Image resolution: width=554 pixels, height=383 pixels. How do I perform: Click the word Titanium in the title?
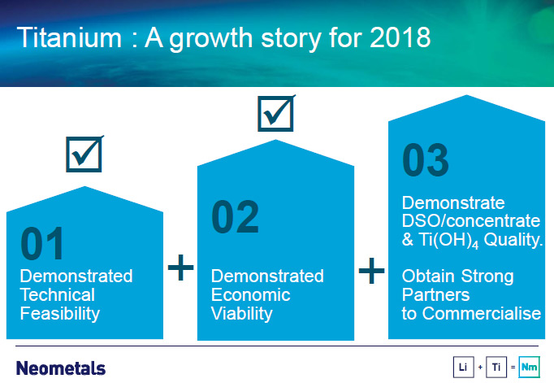(69, 37)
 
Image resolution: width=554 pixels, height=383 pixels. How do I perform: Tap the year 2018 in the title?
(400, 37)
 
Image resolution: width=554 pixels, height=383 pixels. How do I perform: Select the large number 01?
(42, 244)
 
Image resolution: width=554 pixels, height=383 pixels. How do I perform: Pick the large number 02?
(235, 216)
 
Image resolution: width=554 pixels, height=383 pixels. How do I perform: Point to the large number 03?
(426, 159)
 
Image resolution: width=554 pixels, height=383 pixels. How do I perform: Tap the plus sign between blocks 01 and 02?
(180, 267)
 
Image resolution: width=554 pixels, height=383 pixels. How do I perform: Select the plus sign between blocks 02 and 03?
(371, 271)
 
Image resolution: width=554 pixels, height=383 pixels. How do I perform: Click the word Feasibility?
(60, 313)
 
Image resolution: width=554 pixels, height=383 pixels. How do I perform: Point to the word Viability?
(242, 313)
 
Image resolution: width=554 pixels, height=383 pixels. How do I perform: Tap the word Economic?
(250, 294)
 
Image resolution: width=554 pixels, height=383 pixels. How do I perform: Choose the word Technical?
(57, 294)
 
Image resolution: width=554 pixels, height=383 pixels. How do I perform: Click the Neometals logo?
(61, 368)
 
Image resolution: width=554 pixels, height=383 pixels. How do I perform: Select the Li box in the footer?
(464, 367)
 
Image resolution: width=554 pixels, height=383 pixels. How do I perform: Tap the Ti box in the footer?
(496, 367)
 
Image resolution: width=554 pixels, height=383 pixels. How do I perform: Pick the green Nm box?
(529, 367)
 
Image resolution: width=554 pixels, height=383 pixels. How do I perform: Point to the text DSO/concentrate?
(471, 221)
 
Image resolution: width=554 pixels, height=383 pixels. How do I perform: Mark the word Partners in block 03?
(435, 294)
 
